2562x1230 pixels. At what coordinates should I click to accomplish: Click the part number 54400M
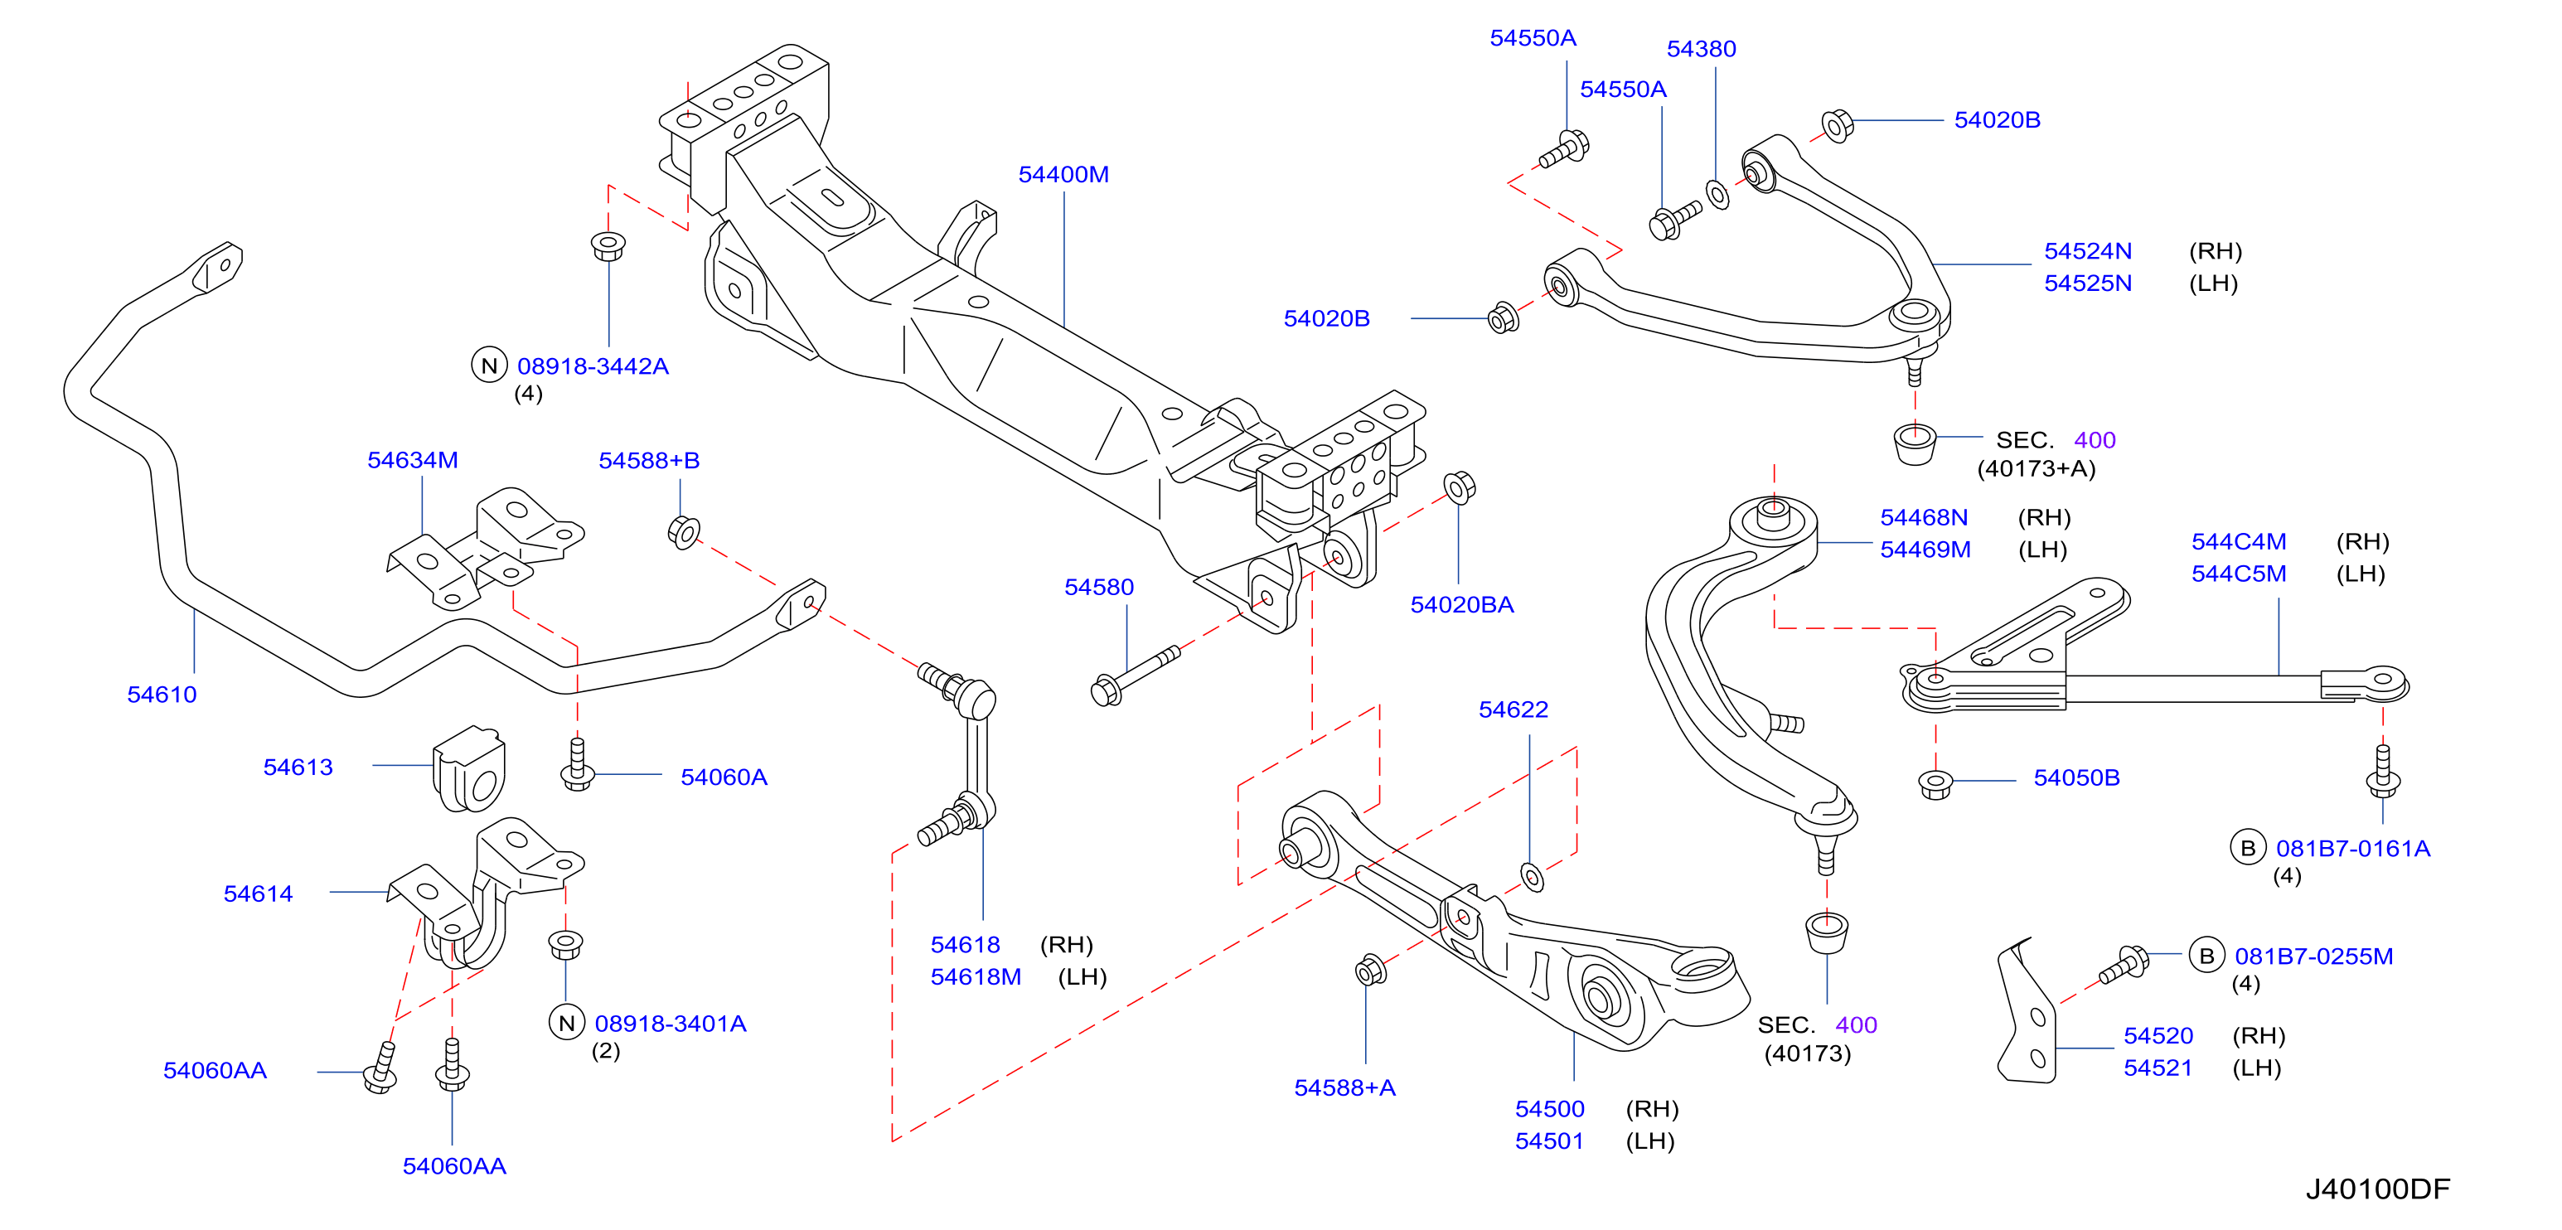click(1063, 174)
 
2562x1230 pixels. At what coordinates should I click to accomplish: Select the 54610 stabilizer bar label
click(162, 694)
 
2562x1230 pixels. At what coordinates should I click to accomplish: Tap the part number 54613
click(298, 767)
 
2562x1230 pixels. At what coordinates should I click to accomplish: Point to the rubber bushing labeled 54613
click(469, 768)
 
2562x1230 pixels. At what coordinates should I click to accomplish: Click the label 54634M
click(413, 460)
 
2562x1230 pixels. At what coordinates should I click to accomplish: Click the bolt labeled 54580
click(1135, 676)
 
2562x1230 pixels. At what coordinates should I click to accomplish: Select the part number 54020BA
click(1462, 604)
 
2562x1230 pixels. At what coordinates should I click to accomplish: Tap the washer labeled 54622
click(1533, 877)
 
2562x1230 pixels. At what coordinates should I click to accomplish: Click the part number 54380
click(1701, 49)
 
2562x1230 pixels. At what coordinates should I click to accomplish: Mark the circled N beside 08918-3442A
click(488, 365)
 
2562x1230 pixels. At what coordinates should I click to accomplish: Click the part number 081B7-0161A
click(2353, 848)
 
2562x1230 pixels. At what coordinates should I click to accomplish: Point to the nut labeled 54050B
click(1935, 783)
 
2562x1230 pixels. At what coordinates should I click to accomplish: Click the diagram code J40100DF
click(2378, 1189)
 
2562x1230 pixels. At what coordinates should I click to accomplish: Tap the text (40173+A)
click(2036, 468)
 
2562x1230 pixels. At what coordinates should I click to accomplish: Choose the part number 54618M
click(976, 976)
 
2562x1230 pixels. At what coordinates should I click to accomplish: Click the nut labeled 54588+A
click(1370, 970)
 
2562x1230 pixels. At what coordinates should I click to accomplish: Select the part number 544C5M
click(2239, 574)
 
